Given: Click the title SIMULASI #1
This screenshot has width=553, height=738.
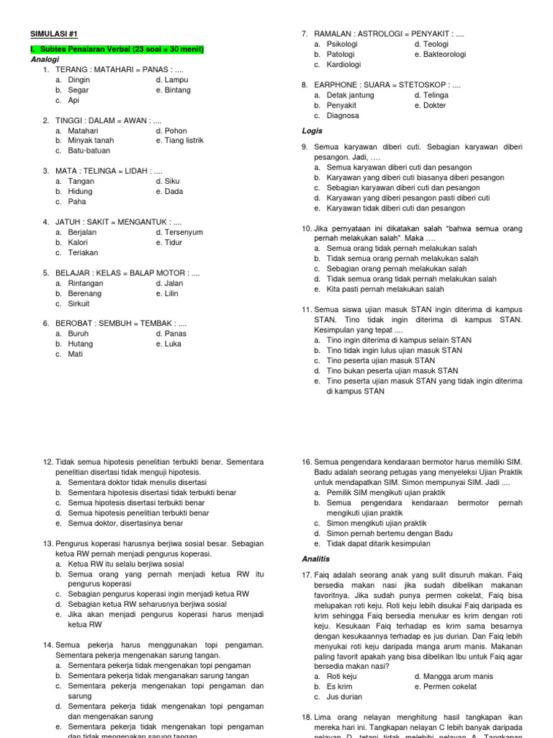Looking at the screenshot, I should coord(53,33).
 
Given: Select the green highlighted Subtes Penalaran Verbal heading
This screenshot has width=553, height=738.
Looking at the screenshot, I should coord(117,50).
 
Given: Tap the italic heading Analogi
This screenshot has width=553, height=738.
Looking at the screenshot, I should coord(45,60).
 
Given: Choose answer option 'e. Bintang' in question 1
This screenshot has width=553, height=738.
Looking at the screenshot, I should coord(174,90).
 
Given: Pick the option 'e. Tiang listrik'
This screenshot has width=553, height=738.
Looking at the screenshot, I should coord(179,141).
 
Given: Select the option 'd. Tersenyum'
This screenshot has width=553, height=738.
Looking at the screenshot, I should coord(179,232).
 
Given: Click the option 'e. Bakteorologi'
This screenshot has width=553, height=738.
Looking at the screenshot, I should coord(440,54).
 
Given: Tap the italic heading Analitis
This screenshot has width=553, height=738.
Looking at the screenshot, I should coord(315,558).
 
